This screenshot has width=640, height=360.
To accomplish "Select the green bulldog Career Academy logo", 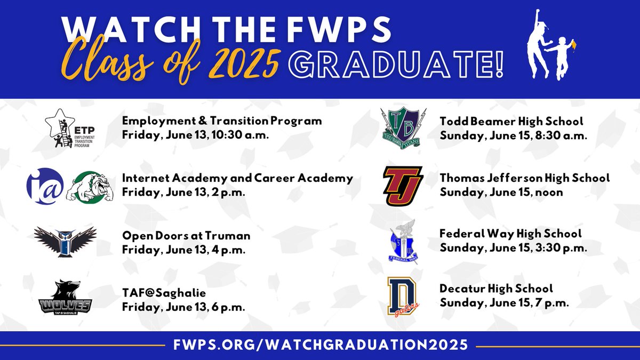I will point(90,186).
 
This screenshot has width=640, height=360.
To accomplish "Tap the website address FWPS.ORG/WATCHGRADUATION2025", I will point(321,345).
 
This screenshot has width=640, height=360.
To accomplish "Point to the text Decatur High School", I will point(496,289).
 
